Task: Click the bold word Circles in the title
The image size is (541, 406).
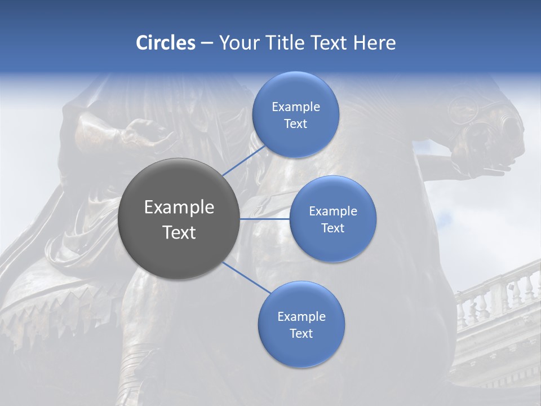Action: pos(166,43)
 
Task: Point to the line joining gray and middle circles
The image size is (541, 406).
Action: pos(265,219)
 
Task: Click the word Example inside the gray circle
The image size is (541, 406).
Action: pos(179,208)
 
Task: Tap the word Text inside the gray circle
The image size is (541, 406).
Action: pos(179,232)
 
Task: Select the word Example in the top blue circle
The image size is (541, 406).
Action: pos(296,107)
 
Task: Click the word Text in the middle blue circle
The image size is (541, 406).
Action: pos(332,228)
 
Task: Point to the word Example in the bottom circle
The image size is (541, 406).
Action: pos(301,317)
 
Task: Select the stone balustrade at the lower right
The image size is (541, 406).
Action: pos(496,299)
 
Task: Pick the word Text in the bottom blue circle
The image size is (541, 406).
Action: pos(301,333)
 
